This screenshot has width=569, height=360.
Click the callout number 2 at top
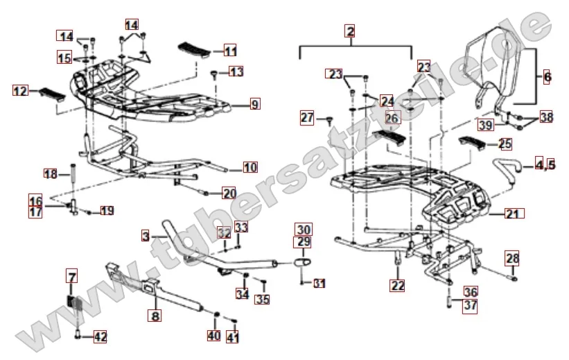(351, 31)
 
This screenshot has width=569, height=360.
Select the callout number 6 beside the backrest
(547, 77)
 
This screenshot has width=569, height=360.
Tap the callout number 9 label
(255, 105)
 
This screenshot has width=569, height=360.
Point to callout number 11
(230, 51)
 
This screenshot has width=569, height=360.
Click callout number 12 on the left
(20, 90)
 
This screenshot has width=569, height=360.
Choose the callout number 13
(236, 71)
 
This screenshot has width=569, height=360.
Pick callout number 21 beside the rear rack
(511, 214)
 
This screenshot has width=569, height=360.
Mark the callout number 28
(511, 258)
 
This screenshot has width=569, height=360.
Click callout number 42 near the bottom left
(100, 337)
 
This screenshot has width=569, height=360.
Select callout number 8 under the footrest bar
(155, 315)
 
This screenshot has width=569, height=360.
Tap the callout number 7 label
(72, 277)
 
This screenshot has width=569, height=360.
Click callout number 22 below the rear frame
(396, 284)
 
